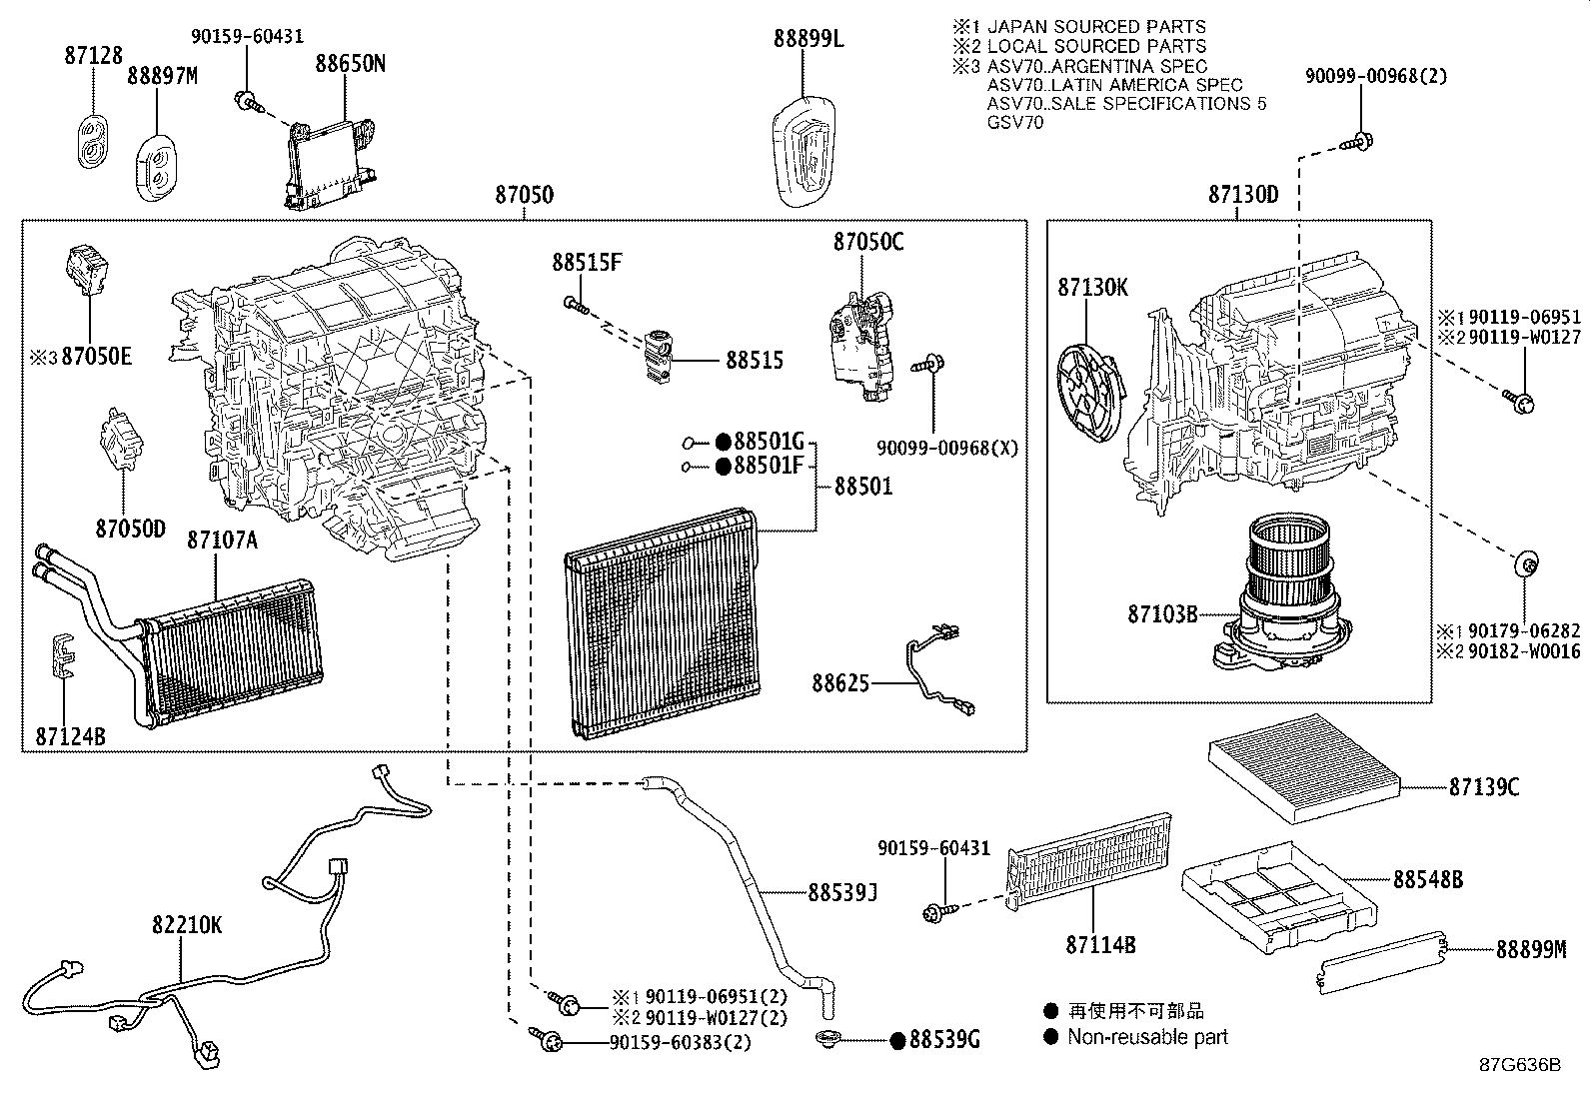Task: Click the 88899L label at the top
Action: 807,39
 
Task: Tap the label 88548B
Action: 1428,879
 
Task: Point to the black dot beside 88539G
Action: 897,1040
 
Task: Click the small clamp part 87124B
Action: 63,656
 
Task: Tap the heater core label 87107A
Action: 222,541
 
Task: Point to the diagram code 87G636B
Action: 1520,1064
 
